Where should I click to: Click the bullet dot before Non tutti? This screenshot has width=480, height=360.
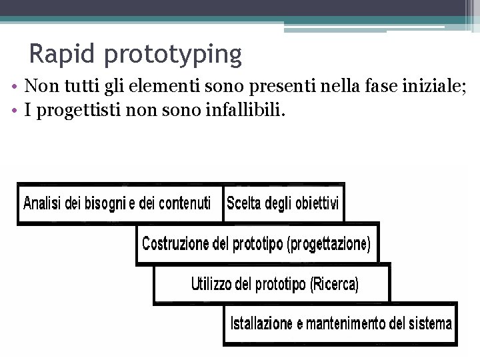tap(14, 87)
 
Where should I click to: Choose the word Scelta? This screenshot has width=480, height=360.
tap(243, 203)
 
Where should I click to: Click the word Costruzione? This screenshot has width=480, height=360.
tap(175, 244)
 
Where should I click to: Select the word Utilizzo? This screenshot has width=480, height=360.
tap(212, 285)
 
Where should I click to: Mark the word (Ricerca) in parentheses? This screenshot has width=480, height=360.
tap(334, 285)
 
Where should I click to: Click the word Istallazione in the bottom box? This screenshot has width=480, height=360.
tap(261, 324)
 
